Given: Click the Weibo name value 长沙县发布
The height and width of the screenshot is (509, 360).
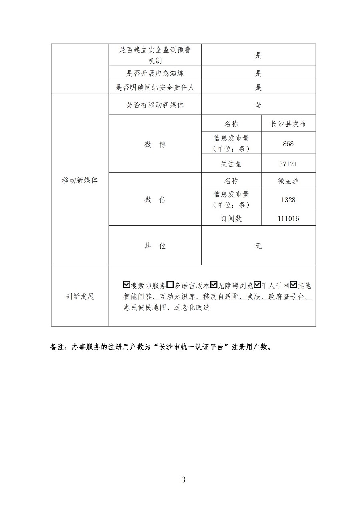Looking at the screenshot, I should pos(288,124).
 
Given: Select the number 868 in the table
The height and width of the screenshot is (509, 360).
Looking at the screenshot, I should pos(288,143).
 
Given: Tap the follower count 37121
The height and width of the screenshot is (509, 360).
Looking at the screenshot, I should pos(288,164).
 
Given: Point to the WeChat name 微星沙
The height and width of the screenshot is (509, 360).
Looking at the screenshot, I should pos(288,181).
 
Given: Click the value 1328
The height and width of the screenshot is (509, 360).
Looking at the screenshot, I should pos(288,199).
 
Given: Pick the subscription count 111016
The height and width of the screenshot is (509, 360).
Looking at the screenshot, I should pos(288,219).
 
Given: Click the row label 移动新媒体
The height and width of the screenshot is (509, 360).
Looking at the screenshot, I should pos(80,180).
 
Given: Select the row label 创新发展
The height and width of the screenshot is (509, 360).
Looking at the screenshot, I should pos(80,297).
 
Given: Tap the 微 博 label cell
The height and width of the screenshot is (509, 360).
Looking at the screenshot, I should pos(155,145).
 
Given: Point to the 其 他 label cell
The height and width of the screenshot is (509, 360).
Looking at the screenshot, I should pos(155,246).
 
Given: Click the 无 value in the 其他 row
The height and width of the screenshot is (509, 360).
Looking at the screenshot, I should pos(258,246).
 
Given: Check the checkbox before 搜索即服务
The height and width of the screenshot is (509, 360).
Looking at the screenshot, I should pos(127,285).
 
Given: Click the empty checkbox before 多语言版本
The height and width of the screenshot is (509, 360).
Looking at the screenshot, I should pos(170,285).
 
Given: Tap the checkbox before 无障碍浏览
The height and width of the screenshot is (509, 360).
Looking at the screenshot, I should pos(214,285).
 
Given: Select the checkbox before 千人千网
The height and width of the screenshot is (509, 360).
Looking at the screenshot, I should pos(257,285).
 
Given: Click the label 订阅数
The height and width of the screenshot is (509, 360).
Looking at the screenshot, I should pos(231,219).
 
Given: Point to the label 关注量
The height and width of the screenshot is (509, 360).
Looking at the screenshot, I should pos(231,164).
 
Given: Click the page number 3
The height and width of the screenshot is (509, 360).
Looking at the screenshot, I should pos(183,479).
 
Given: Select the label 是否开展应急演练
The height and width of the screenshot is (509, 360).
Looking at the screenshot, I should pos(155,73).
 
